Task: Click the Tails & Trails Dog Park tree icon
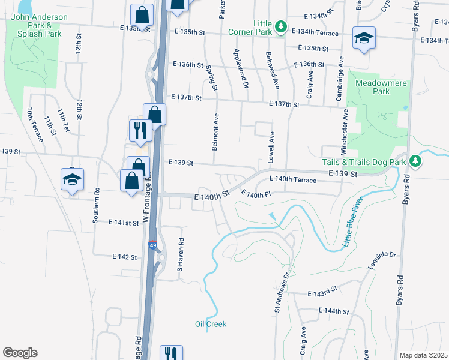(414, 161)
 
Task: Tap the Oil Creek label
(211, 324)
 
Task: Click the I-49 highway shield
(153, 245)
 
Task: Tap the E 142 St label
(125, 256)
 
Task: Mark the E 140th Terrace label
(293, 179)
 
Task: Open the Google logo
(20, 353)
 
